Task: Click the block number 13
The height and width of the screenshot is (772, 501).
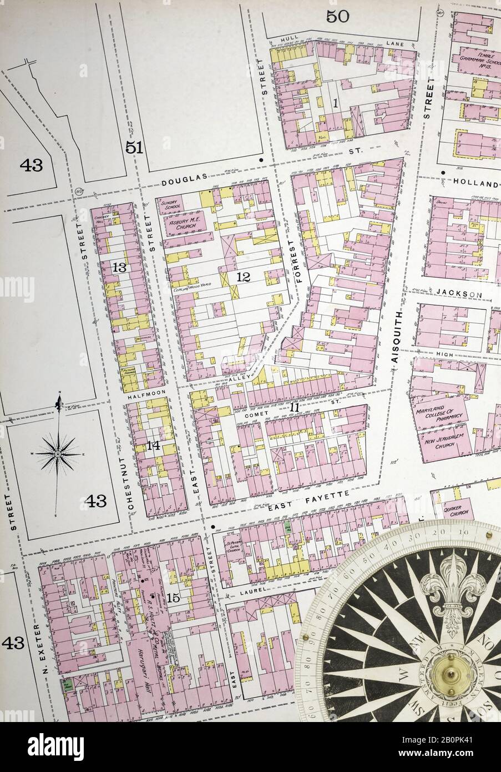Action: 120,268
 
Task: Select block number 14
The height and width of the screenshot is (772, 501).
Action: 154,445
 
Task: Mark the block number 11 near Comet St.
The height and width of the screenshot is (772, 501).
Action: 293,408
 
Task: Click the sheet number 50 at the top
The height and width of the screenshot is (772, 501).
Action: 337,16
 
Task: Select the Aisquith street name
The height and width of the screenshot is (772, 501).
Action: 396,337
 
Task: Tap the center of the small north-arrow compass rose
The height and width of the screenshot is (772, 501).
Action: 58,454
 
